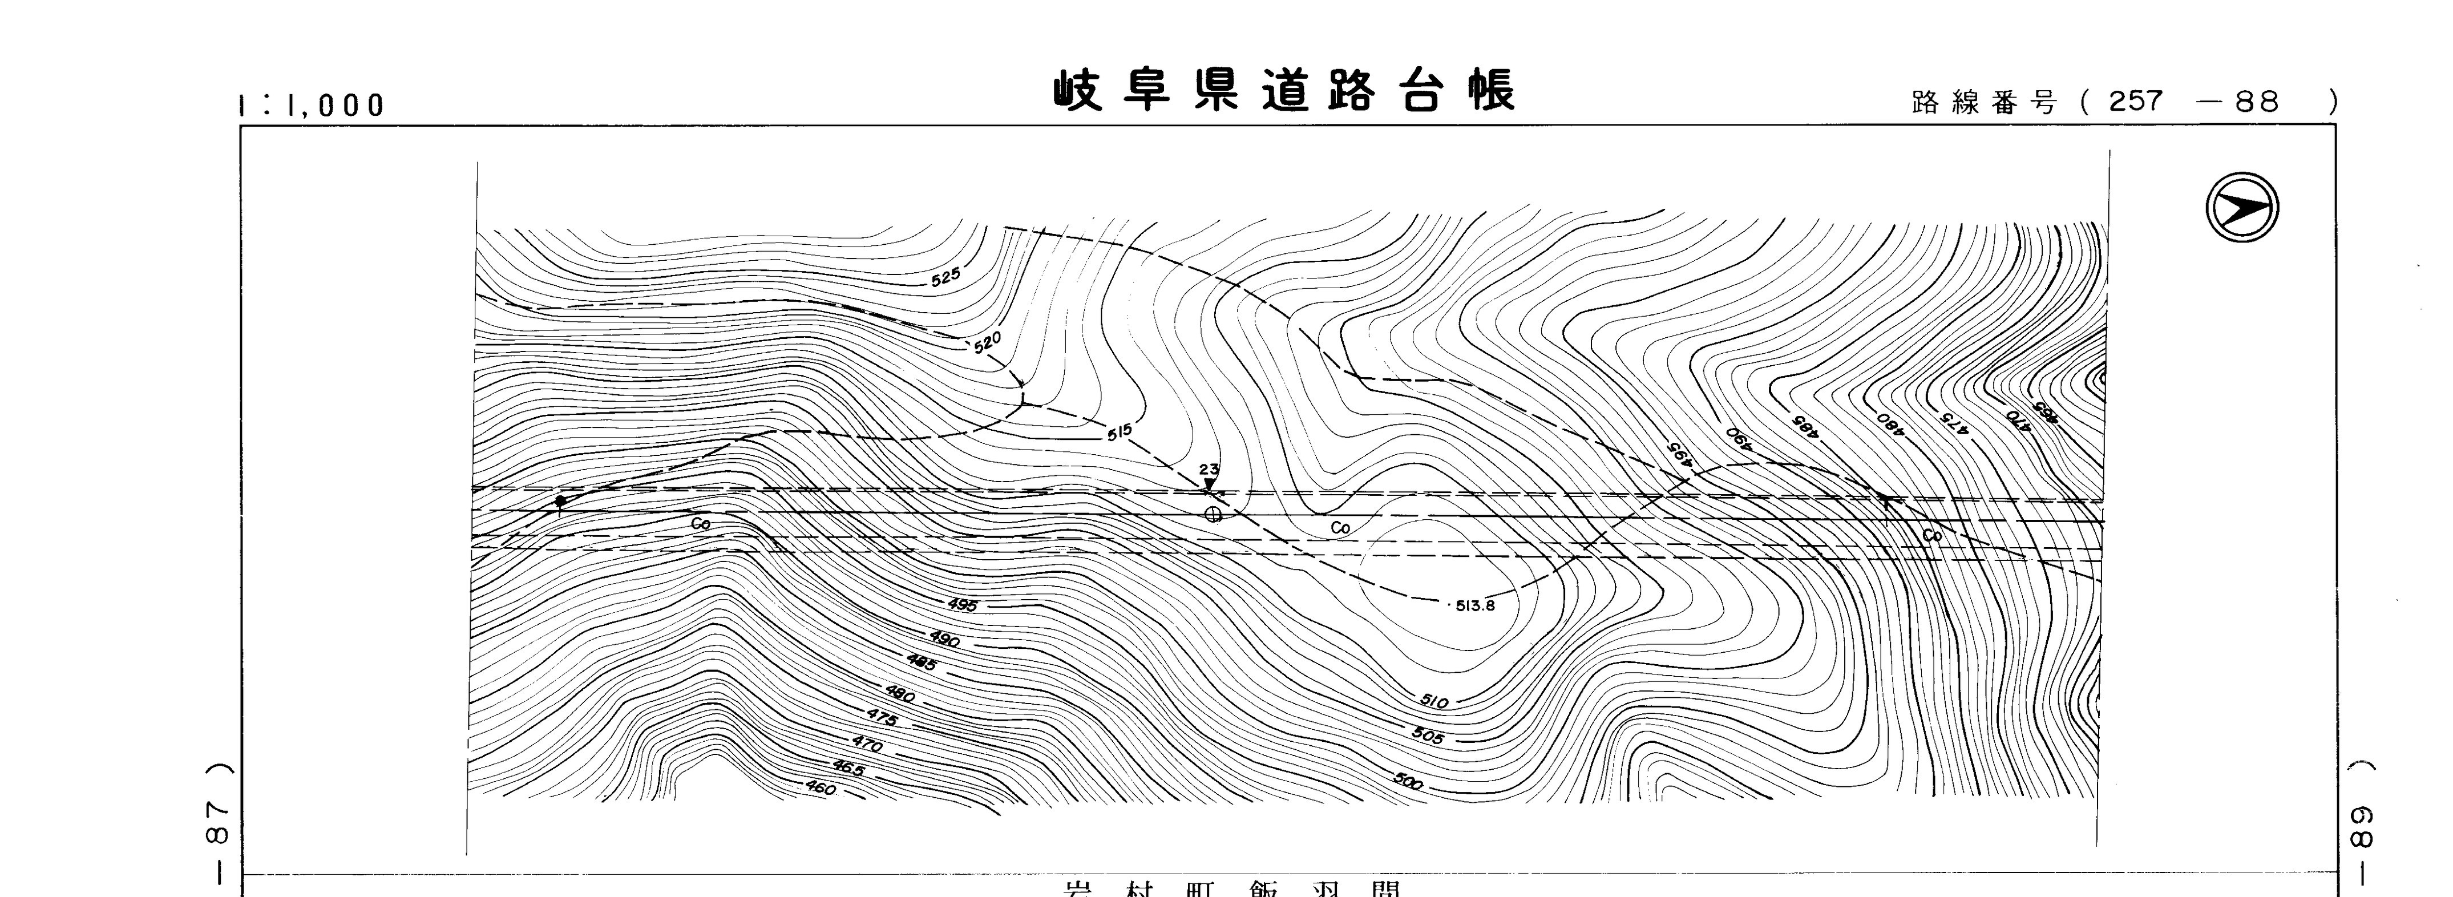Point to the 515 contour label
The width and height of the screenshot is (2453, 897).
point(1120,431)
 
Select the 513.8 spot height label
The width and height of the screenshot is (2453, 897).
point(1475,605)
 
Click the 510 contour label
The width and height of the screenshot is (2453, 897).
point(1433,702)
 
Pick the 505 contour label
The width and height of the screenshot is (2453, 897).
point(1428,736)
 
